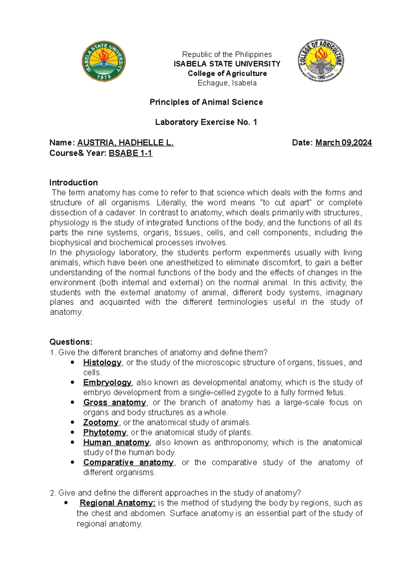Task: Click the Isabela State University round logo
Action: [104, 61]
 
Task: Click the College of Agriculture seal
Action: [321, 60]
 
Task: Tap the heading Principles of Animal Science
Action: [206, 102]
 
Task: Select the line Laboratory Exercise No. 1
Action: [206, 122]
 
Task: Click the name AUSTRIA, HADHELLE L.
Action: [126, 143]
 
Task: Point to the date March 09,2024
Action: [343, 143]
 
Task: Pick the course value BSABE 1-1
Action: [130, 153]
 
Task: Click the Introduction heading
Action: [73, 182]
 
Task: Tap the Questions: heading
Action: [71, 342]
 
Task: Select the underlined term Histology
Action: [102, 363]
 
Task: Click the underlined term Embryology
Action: [107, 383]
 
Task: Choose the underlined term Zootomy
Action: [101, 423]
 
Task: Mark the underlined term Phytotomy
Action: [105, 432]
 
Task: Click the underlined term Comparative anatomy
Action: [128, 462]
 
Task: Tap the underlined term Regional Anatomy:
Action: [118, 503]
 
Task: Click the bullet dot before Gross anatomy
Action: [72, 403]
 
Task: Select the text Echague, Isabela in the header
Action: [227, 83]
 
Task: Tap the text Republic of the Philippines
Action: [227, 54]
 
